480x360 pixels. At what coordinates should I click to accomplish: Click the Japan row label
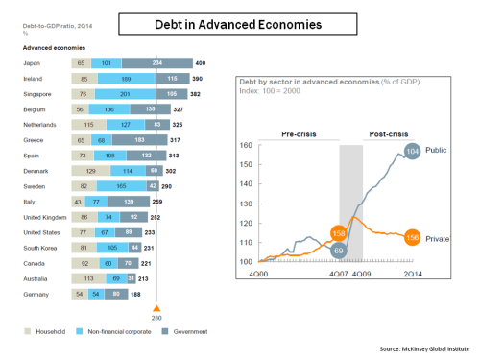(x=31, y=62)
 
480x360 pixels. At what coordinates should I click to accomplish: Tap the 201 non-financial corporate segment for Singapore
(x=125, y=94)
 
